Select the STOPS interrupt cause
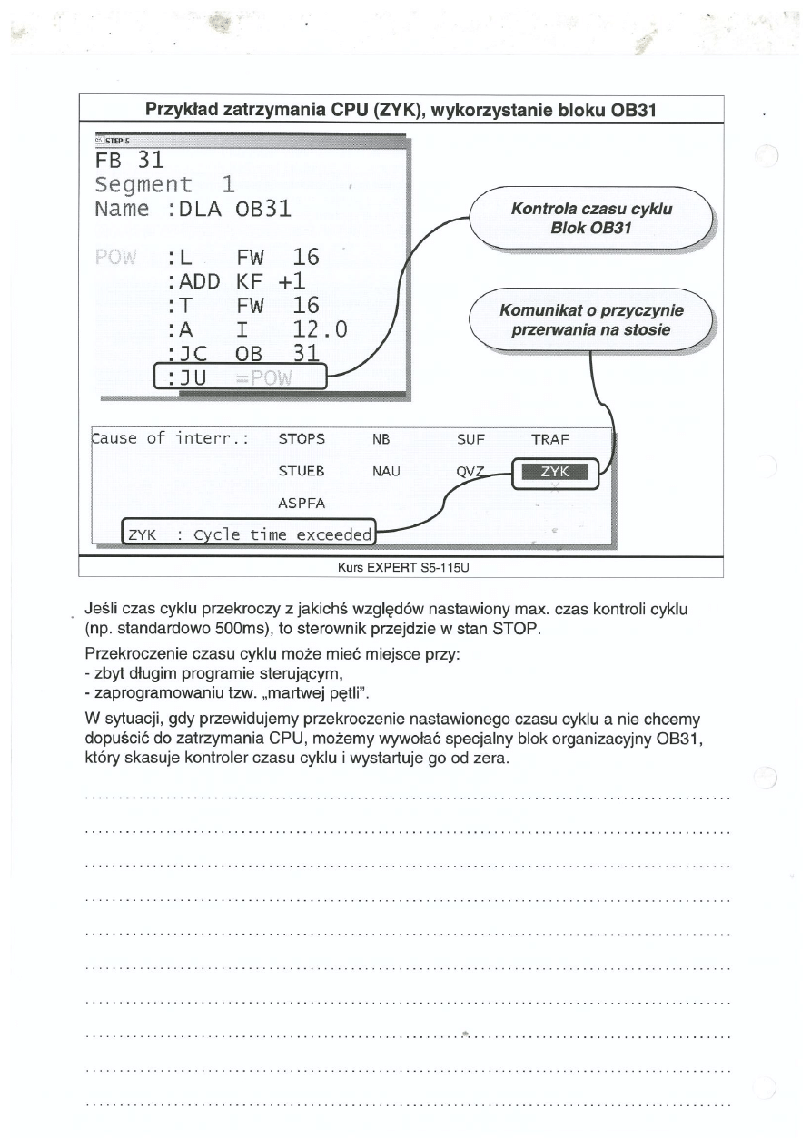point(302,439)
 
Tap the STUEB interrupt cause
point(302,472)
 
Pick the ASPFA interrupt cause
point(302,503)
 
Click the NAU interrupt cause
point(386,472)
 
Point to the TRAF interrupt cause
point(549,439)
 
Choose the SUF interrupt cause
point(470,439)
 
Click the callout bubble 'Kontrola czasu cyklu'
point(591,218)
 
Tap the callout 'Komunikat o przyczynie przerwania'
point(591,320)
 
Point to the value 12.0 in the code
point(314,329)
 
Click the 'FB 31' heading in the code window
point(128,161)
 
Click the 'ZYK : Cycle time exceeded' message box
point(250,534)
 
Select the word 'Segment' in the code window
point(143,185)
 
